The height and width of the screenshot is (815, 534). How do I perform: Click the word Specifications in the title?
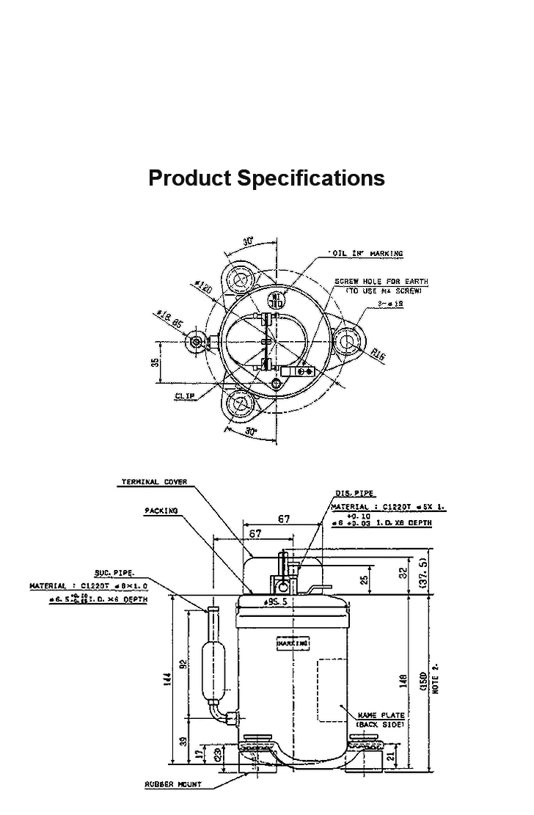pyautogui.click(x=311, y=178)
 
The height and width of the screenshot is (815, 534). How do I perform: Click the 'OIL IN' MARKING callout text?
pyautogui.click(x=367, y=254)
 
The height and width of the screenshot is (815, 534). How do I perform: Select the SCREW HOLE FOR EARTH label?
pyautogui.click(x=381, y=282)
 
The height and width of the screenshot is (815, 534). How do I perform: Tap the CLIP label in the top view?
pyautogui.click(x=185, y=396)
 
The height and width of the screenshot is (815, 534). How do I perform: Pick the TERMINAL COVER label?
pyautogui.click(x=154, y=482)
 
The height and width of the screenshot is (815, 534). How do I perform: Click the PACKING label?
pyautogui.click(x=161, y=511)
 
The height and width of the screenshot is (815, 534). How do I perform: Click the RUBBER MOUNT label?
pyautogui.click(x=173, y=785)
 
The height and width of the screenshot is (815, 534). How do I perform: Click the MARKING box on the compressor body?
pyautogui.click(x=293, y=643)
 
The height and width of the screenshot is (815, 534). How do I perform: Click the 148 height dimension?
pyautogui.click(x=402, y=681)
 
